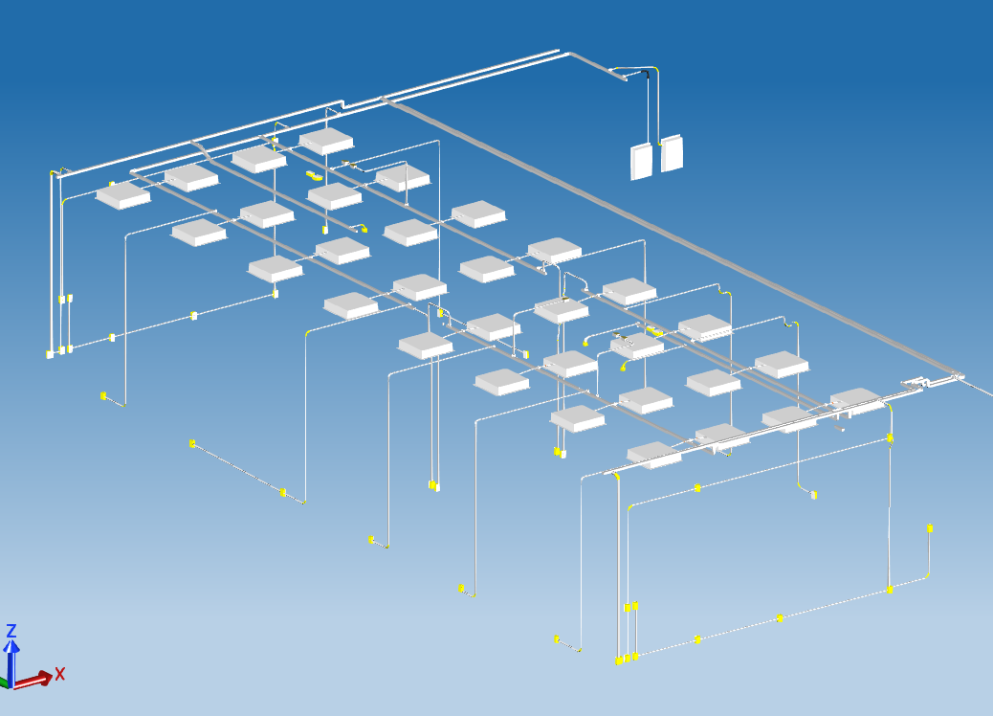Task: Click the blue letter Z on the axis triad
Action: point(11,631)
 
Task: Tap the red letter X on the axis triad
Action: point(59,674)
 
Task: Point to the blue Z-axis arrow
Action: point(11,662)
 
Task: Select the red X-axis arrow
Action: point(33,681)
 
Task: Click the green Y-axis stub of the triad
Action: point(3,683)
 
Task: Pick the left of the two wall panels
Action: point(641,162)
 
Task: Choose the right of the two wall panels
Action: point(672,153)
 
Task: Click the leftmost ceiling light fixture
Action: point(122,196)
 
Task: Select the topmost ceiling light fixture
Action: point(326,142)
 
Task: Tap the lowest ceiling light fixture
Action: point(654,455)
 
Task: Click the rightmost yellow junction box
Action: point(930,528)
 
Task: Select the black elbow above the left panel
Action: point(646,74)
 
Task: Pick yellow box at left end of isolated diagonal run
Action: point(192,443)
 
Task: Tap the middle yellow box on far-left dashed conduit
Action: point(194,315)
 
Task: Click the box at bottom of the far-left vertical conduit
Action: point(50,354)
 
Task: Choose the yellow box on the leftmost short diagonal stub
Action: point(103,396)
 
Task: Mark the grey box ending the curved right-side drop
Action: point(814,495)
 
